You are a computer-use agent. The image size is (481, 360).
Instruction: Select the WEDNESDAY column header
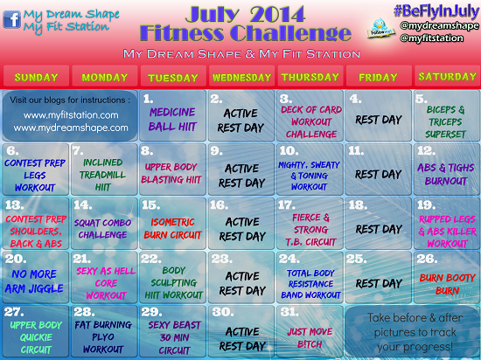pyautogui.click(x=240, y=75)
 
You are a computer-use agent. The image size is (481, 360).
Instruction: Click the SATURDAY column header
pyautogui.click(x=446, y=75)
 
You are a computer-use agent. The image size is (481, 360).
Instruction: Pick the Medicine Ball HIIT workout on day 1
pyautogui.click(x=172, y=117)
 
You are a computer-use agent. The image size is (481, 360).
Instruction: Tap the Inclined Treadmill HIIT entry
pyautogui.click(x=104, y=175)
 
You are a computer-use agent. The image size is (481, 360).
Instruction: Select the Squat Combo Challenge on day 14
pyautogui.click(x=104, y=228)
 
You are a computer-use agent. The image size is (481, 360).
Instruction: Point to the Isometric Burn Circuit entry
pyautogui.click(x=172, y=229)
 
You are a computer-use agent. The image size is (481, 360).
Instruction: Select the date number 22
pyautogui.click(x=151, y=259)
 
